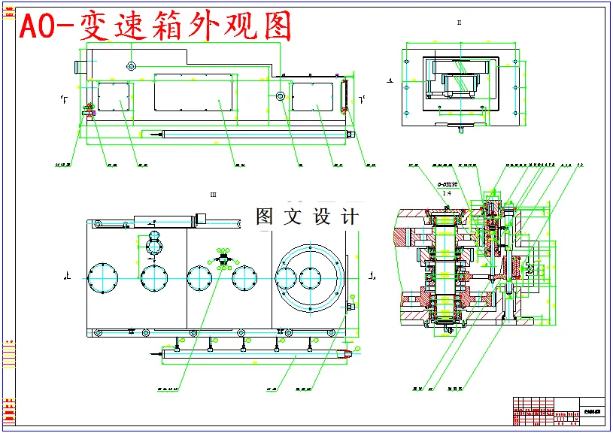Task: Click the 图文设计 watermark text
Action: (307, 216)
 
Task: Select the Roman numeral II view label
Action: (459, 23)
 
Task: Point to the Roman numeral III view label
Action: (214, 195)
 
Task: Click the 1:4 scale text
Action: (446, 194)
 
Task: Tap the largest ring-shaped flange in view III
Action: (310, 277)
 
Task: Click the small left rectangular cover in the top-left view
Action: (114, 98)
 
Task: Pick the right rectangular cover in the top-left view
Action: (312, 97)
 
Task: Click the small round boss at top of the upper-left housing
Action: (131, 65)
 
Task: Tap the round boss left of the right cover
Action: (280, 96)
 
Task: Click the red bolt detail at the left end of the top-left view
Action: (86, 111)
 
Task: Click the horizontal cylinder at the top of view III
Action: (164, 220)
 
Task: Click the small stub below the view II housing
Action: (460, 128)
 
